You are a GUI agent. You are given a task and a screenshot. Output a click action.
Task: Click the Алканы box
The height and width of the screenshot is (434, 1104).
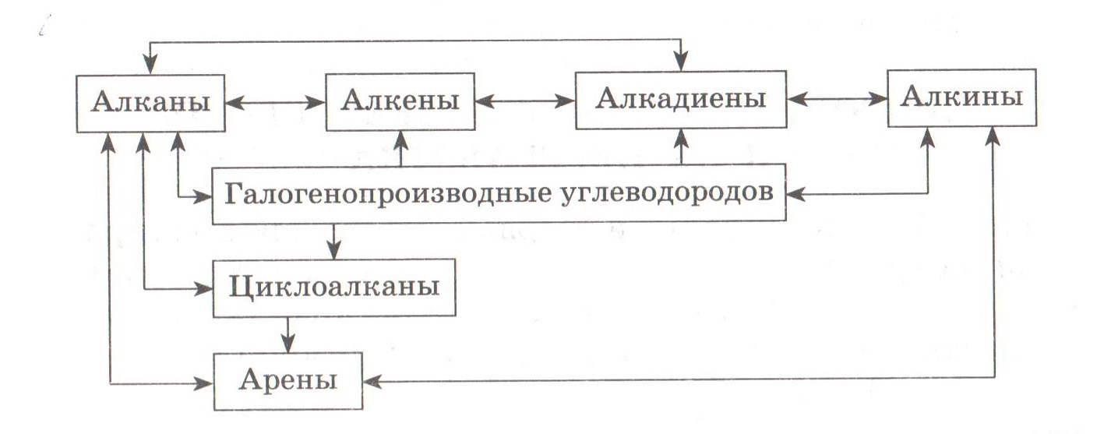click(151, 102)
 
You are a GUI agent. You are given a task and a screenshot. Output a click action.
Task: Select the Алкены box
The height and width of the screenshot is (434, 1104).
click(401, 102)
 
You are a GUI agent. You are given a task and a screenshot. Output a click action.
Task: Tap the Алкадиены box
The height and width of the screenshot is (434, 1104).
click(681, 100)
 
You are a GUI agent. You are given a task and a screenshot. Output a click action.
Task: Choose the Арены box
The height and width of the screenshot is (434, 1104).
click(287, 381)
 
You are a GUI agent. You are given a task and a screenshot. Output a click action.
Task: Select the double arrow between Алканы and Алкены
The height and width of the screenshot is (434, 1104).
click(276, 102)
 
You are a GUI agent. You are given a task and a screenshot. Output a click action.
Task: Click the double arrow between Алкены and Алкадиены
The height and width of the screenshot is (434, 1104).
click(526, 101)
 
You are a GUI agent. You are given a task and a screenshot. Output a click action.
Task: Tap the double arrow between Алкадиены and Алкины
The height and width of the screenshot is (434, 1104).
click(837, 100)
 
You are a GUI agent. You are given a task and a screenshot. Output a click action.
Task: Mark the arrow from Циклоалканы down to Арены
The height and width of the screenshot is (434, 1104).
click(290, 334)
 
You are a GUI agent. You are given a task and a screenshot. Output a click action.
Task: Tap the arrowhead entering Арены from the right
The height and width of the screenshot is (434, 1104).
click(372, 381)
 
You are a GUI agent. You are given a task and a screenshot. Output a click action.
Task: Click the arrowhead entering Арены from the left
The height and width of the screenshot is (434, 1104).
click(205, 383)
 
